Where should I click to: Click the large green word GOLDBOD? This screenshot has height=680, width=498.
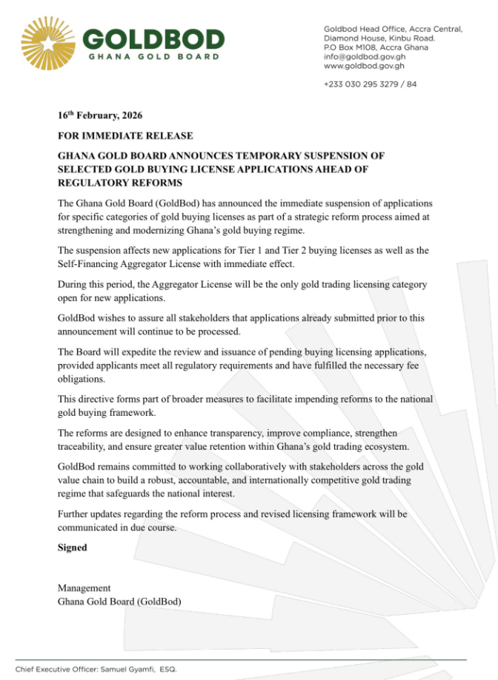(x=153, y=38)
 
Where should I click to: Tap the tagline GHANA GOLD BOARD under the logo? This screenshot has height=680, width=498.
(x=153, y=57)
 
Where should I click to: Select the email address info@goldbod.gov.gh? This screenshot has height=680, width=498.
(x=364, y=55)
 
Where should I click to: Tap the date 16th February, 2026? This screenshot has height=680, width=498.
(x=100, y=116)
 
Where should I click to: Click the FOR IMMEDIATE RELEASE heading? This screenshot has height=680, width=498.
(x=125, y=136)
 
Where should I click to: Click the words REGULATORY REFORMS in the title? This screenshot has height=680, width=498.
(x=120, y=183)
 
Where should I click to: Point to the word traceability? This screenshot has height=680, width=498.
(x=84, y=446)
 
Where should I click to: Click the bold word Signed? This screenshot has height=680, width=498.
(x=73, y=548)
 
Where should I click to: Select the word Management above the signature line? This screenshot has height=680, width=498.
(x=84, y=588)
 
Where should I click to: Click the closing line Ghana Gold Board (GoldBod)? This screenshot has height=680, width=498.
(x=119, y=602)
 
